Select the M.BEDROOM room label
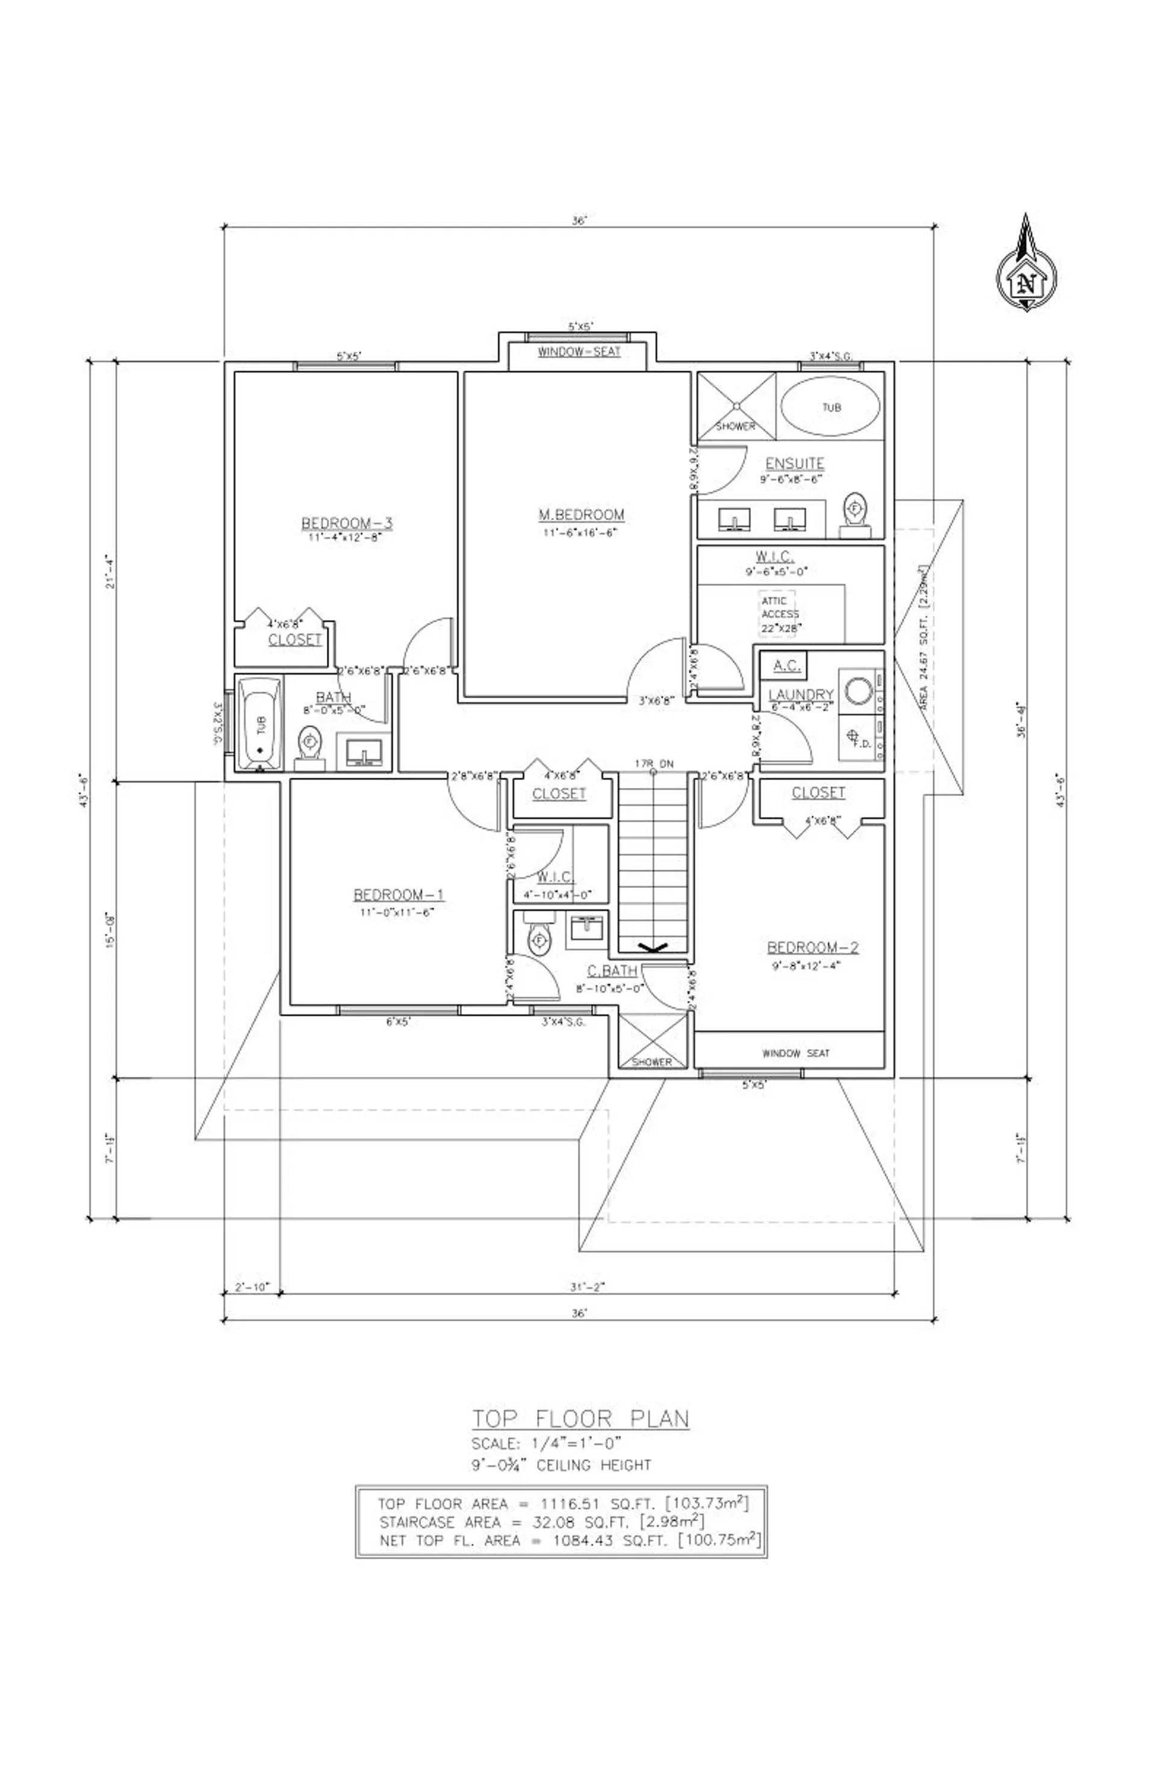coord(581,515)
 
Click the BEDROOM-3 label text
coord(346,523)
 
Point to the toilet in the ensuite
coord(854,513)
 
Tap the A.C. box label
coord(786,665)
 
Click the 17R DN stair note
coord(654,764)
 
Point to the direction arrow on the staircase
coord(652,949)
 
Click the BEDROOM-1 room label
coord(399,895)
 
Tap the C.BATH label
coord(612,971)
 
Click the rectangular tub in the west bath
coord(259,724)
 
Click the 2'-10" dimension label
coord(252,1287)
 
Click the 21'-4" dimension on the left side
coord(111,572)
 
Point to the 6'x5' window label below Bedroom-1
coord(398,1022)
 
